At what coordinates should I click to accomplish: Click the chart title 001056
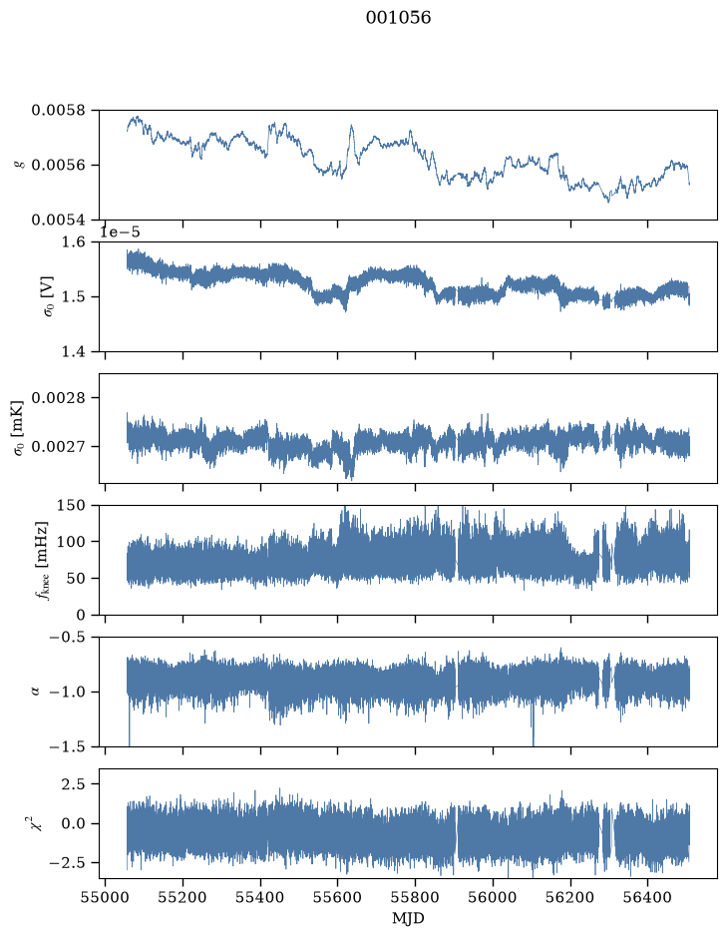[x=398, y=18]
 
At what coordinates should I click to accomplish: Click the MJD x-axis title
[x=408, y=918]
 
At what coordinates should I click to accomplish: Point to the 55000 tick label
[x=105, y=897]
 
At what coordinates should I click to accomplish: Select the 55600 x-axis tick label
[x=338, y=897]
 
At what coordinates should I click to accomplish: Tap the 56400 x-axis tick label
[x=648, y=897]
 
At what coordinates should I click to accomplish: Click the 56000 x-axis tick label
[x=494, y=897]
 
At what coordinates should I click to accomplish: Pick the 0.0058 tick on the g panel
[x=58, y=111]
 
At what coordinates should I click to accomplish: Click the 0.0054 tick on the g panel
[x=58, y=220]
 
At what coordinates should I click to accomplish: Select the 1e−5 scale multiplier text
[x=120, y=232]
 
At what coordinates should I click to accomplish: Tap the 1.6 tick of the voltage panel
[x=74, y=242]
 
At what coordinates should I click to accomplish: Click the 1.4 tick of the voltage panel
[x=74, y=352]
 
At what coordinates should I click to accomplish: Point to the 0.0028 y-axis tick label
[x=58, y=398]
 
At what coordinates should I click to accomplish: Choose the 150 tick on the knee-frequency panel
[x=71, y=506]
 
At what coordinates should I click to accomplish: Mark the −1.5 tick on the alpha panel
[x=67, y=747]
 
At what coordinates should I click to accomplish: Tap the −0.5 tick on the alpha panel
[x=67, y=637]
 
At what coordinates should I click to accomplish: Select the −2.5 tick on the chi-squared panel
[x=67, y=863]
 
